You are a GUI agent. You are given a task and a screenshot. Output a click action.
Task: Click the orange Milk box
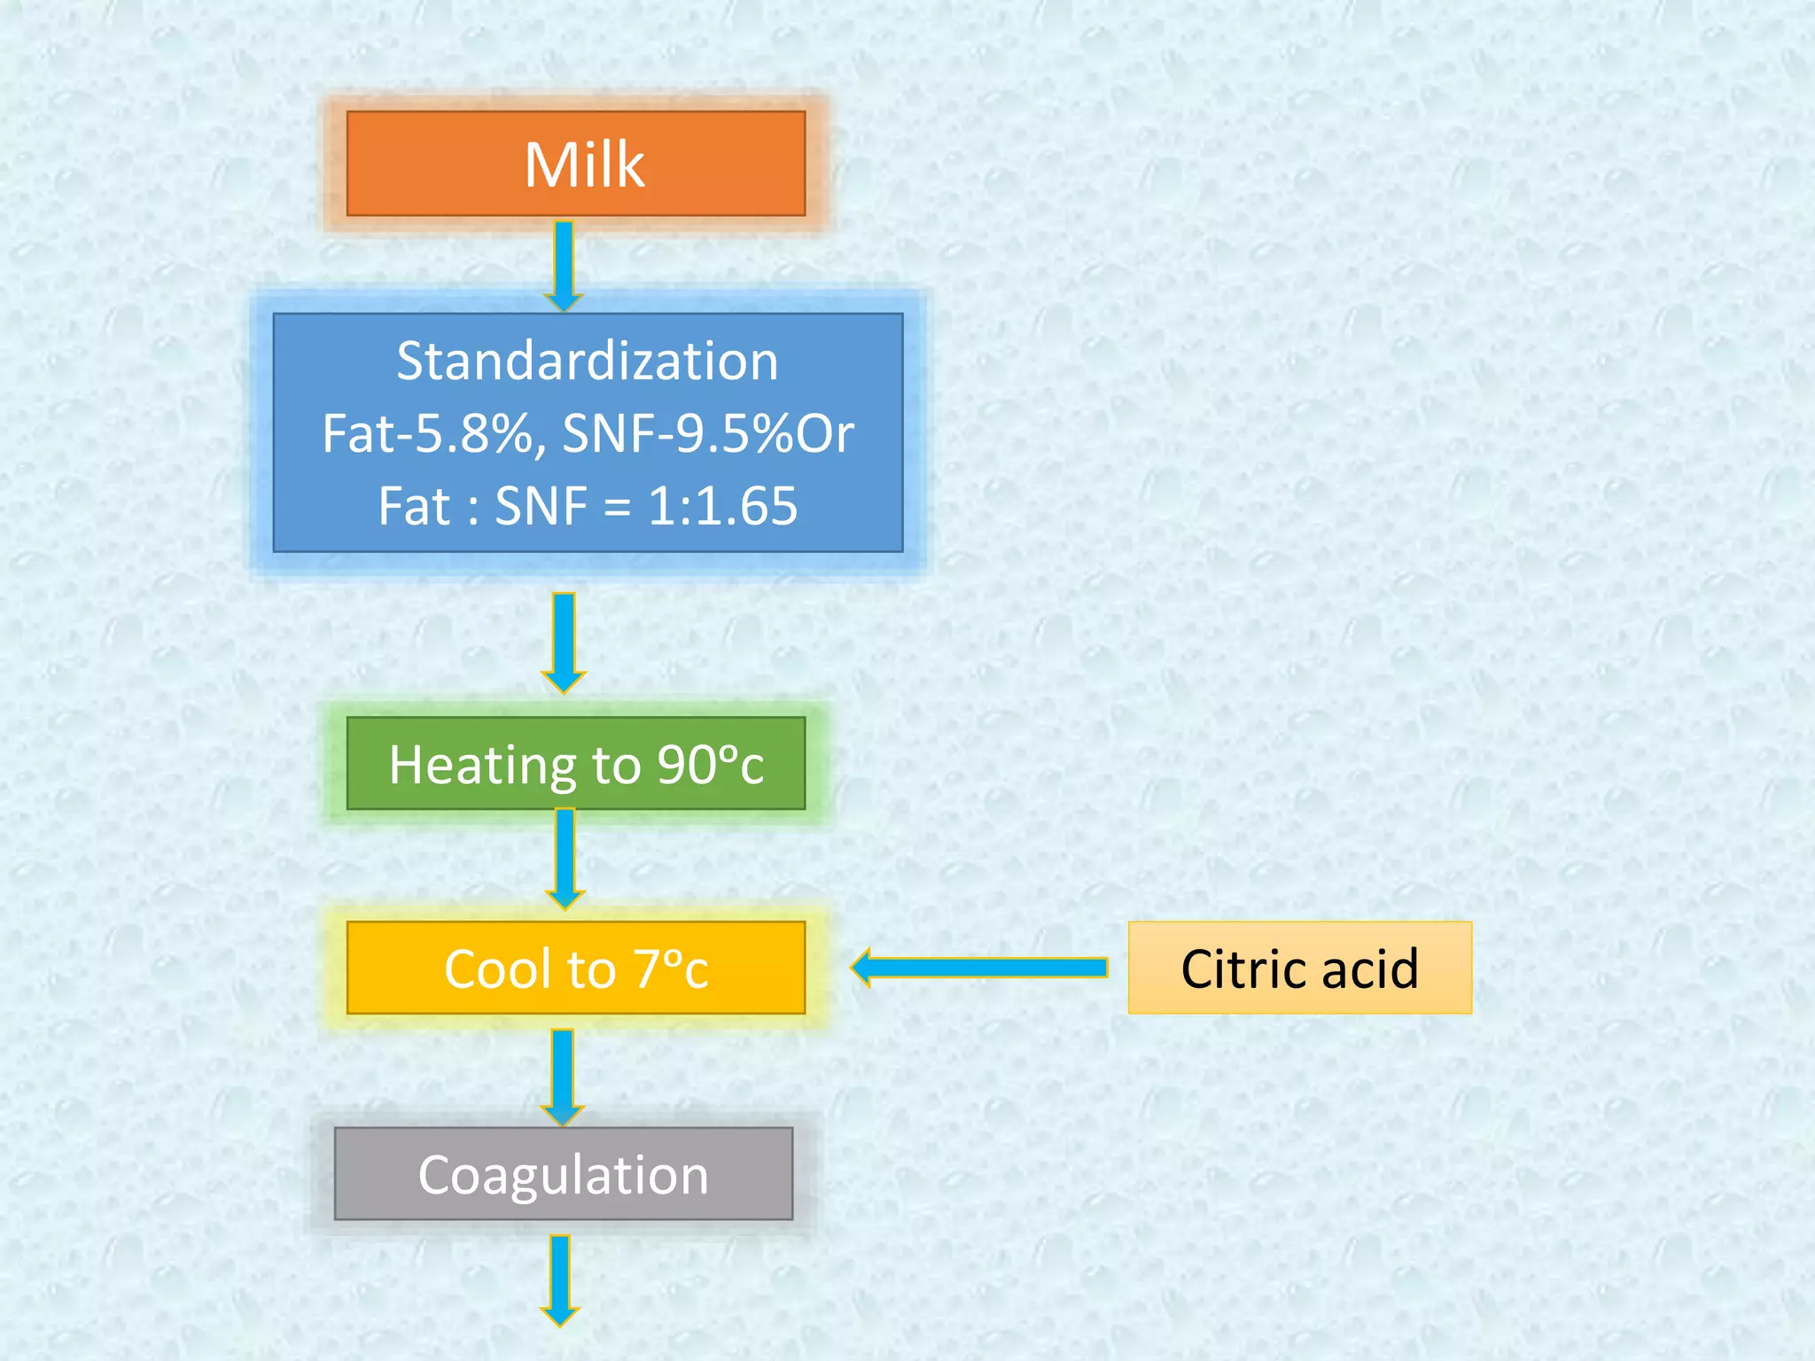576,164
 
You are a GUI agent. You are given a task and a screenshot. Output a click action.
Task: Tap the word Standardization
587,362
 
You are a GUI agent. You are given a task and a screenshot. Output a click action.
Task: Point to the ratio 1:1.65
722,506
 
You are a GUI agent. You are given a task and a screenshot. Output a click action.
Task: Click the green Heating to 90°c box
576,764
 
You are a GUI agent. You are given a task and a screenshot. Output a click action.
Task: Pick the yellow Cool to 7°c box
576,968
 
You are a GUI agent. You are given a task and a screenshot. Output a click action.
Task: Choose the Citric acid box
1299,968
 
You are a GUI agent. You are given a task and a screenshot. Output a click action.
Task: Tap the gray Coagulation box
564,1174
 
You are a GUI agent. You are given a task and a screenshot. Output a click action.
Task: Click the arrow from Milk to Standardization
564,264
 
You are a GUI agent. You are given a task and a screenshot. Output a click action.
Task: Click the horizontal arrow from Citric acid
979,968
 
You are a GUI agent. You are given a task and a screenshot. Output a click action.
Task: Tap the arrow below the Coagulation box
560,1279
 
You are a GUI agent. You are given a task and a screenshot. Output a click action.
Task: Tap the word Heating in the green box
483,766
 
